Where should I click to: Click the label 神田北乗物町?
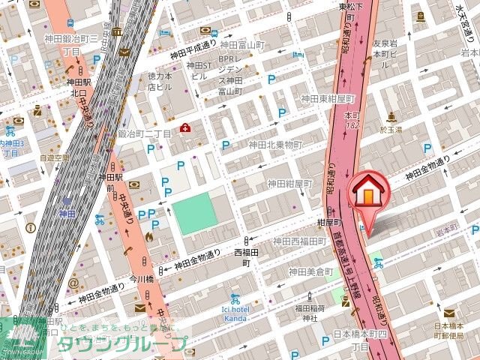coord(275,145)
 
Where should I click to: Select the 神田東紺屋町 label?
coord(327,98)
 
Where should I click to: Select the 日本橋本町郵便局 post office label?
coord(450,331)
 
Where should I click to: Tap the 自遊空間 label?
coord(54,158)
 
